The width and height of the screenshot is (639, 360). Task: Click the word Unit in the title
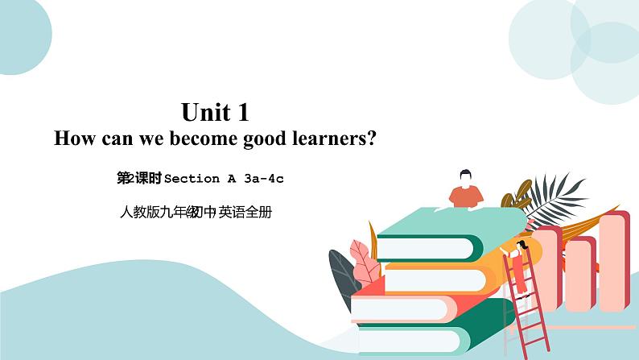coord(205,112)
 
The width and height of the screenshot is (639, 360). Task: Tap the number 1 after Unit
coord(243,112)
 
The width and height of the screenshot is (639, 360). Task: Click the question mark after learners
coord(370,139)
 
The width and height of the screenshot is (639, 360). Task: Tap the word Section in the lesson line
coord(192,179)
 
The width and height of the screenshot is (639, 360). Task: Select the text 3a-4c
coord(264,179)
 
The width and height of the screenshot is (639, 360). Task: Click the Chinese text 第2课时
coord(139,178)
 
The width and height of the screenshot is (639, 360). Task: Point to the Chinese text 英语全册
coord(245,212)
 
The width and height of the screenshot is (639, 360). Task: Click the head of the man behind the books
coord(465,177)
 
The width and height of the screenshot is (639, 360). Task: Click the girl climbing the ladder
coord(518,267)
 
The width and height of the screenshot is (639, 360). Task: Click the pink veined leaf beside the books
coord(365,263)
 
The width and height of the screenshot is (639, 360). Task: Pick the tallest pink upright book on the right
coord(614,261)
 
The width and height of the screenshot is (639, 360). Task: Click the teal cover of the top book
coord(452,222)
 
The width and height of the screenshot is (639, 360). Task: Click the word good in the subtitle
coord(265,139)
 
